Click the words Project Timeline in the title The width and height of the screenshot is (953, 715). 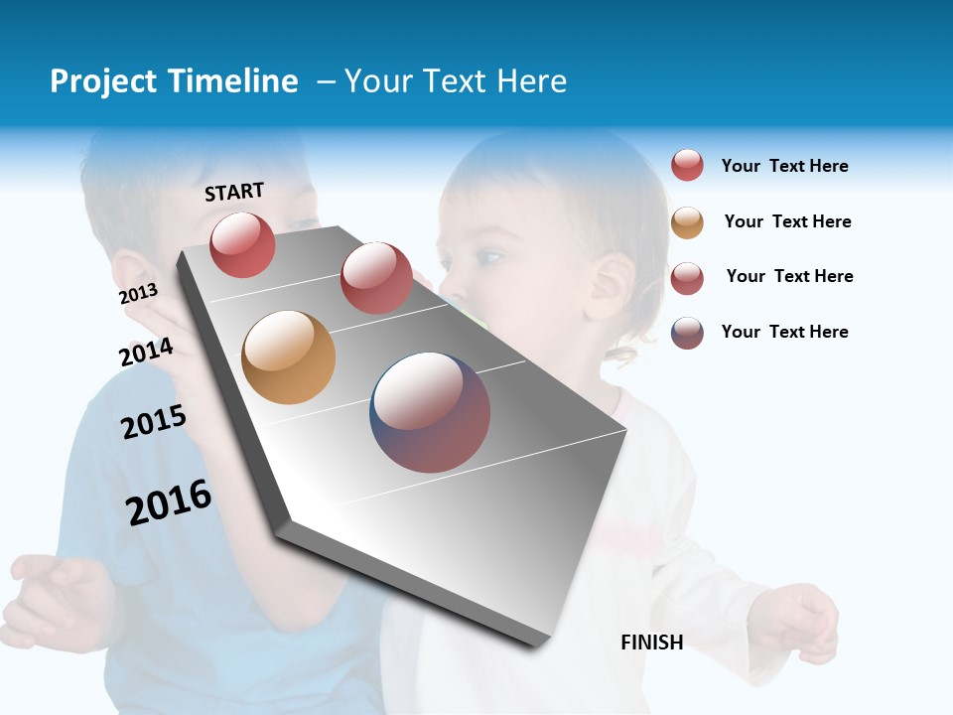click(174, 81)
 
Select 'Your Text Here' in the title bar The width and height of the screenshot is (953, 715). click(456, 81)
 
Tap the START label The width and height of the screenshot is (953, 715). click(234, 192)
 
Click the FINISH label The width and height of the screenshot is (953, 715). click(651, 643)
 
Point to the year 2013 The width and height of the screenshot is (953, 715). click(138, 294)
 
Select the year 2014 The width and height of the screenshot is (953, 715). click(146, 352)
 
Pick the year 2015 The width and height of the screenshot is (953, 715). click(154, 422)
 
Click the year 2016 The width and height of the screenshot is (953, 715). click(169, 502)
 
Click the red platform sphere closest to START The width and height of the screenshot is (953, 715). click(242, 244)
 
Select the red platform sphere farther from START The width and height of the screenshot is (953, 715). click(376, 278)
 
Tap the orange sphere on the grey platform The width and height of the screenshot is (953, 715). click(288, 357)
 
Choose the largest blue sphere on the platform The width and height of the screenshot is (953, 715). click(430, 412)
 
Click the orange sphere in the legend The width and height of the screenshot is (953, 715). click(687, 222)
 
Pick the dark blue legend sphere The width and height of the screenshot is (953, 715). click(687, 333)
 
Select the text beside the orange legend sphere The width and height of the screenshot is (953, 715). click(787, 221)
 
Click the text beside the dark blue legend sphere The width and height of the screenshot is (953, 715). click(784, 332)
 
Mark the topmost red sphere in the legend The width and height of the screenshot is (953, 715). click(687, 165)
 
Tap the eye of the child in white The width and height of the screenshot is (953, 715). click(487, 258)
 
